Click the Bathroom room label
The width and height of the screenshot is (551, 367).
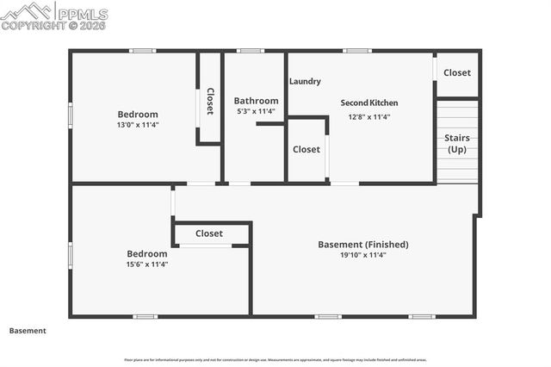pyautogui.click(x=256, y=101)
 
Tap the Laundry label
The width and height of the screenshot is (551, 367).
pyautogui.click(x=305, y=82)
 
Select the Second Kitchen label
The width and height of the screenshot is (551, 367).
pyautogui.click(x=369, y=103)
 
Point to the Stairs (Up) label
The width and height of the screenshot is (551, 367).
pyautogui.click(x=456, y=143)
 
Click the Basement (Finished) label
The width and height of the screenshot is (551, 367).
pyautogui.click(x=363, y=245)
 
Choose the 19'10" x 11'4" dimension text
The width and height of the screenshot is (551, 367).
pyautogui.click(x=363, y=255)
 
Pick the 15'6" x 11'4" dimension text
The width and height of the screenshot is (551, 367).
pyautogui.click(x=146, y=264)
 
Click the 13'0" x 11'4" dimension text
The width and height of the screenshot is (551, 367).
pyautogui.click(x=138, y=125)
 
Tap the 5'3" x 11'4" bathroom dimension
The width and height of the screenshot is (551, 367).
pyautogui.click(x=256, y=111)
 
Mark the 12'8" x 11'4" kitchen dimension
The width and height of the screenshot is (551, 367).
pyautogui.click(x=369, y=117)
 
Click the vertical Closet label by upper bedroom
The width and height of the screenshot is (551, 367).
pyautogui.click(x=209, y=102)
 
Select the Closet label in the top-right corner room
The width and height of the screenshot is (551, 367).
pyautogui.click(x=456, y=72)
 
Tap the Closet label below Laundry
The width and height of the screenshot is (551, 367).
pyautogui.click(x=306, y=149)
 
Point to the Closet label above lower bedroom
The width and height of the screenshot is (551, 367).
pyautogui.click(x=209, y=233)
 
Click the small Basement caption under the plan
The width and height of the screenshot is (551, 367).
pyautogui.click(x=28, y=331)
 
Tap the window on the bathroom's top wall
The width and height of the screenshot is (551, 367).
pyautogui.click(x=251, y=51)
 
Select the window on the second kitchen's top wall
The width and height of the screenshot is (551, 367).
pyautogui.click(x=356, y=51)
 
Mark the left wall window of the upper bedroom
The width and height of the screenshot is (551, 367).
pyautogui.click(x=71, y=115)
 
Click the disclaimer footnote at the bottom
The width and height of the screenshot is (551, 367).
pyautogui.click(x=275, y=360)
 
